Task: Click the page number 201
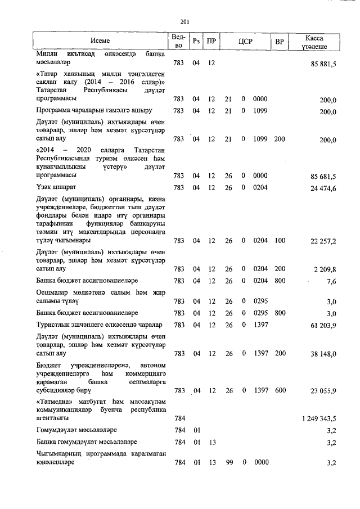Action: click(x=183, y=21)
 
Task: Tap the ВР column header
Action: click(x=279, y=41)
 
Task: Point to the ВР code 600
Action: click(x=280, y=390)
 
